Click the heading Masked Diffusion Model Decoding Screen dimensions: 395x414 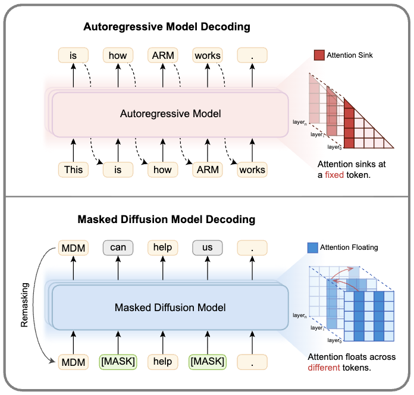coord(167,220)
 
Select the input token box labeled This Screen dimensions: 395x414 coord(74,170)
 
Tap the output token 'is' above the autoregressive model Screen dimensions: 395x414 coord(74,56)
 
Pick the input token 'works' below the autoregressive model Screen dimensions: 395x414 coord(252,170)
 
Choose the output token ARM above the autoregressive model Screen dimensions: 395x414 coord(162,56)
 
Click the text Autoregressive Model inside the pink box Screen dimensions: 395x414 coord(170,113)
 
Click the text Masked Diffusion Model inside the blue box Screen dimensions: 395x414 coord(170,307)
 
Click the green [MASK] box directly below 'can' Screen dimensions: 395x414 coord(118,362)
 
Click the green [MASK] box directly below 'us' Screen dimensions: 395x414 coord(207,362)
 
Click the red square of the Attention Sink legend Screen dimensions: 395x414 coord(319,56)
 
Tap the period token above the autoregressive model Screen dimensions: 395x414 coord(252,56)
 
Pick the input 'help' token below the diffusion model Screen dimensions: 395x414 coord(162,362)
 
